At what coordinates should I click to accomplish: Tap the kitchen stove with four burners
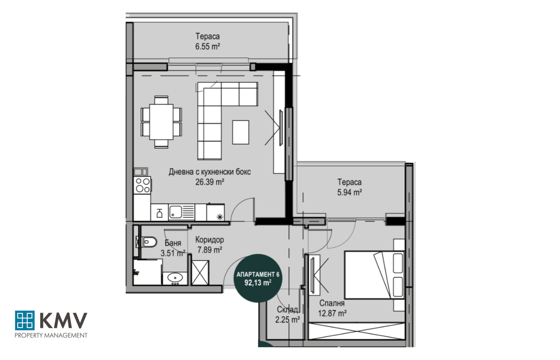coord(142,185)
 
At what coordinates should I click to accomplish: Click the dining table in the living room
coord(161,122)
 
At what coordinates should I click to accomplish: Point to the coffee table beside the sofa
coord(240,132)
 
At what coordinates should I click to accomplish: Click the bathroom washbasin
coord(175,278)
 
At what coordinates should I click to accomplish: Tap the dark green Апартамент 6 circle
coord(258,278)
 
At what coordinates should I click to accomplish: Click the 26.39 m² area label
coord(210,182)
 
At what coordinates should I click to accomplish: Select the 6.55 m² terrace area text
coord(208,47)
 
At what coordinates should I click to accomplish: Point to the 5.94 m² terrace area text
coord(350,192)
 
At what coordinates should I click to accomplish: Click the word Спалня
coord(332,303)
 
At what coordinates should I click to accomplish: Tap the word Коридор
coord(210,240)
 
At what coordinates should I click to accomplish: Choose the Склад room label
coord(287,310)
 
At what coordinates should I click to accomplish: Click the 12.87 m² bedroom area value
coord(332,313)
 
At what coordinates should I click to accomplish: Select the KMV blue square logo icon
coord(25,320)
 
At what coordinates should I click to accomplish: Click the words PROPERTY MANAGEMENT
coord(51,335)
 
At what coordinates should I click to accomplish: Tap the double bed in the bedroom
coord(374,275)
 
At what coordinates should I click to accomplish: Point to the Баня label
coord(173,243)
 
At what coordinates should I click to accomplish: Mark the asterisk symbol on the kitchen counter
coord(220,217)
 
